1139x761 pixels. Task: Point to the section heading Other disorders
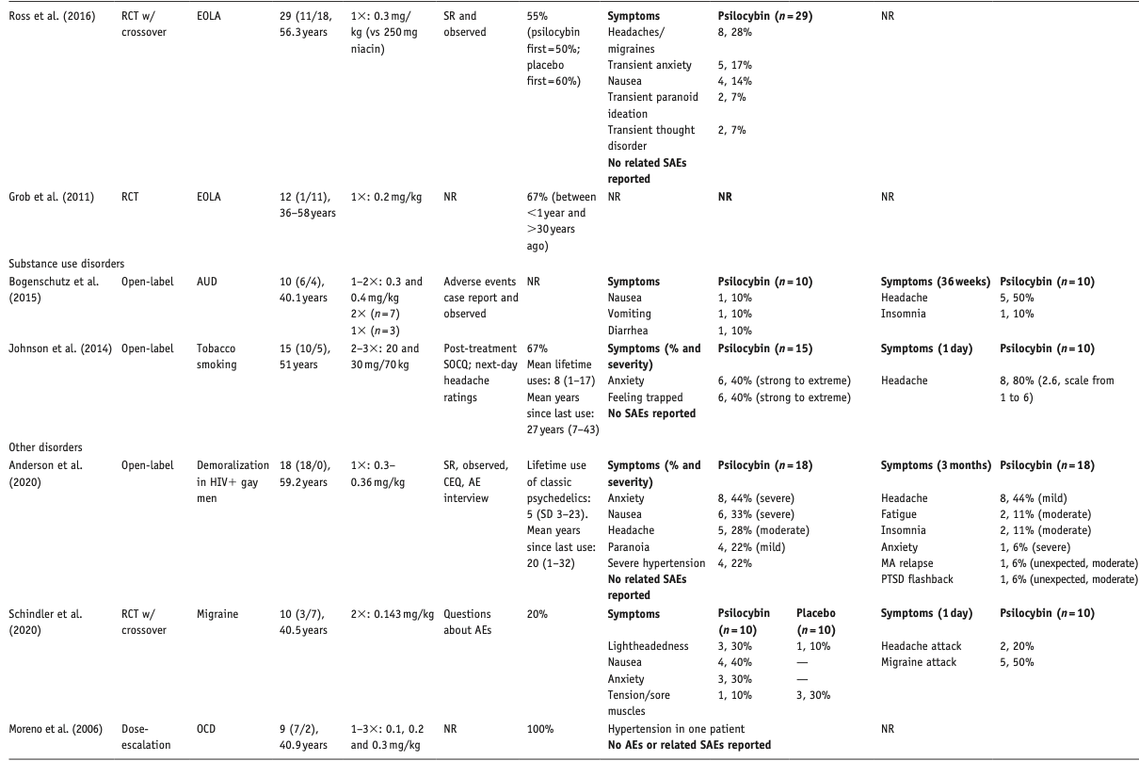point(45,446)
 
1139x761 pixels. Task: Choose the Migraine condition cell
point(217,613)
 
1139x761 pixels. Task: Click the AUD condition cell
point(207,281)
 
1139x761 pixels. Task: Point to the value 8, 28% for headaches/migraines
point(734,33)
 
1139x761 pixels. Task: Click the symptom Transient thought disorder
point(651,138)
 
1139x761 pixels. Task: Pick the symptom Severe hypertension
point(655,562)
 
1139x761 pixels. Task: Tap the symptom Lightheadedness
point(649,646)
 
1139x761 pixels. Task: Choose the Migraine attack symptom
point(919,662)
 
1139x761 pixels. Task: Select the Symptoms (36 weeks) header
point(933,281)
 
